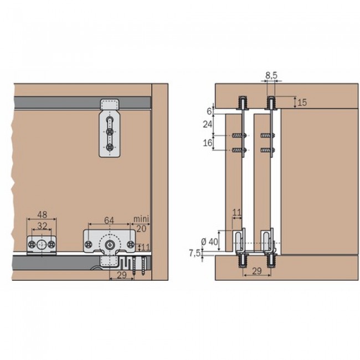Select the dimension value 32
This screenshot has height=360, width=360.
[x=42, y=225]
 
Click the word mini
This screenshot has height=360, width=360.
[x=139, y=219]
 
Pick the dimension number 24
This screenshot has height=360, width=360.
[x=207, y=125]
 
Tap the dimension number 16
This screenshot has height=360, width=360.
[x=207, y=143]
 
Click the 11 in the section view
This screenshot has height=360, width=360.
[x=237, y=212]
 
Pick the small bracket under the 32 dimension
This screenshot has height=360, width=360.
[x=41, y=244]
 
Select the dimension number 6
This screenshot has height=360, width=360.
[x=209, y=110]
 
